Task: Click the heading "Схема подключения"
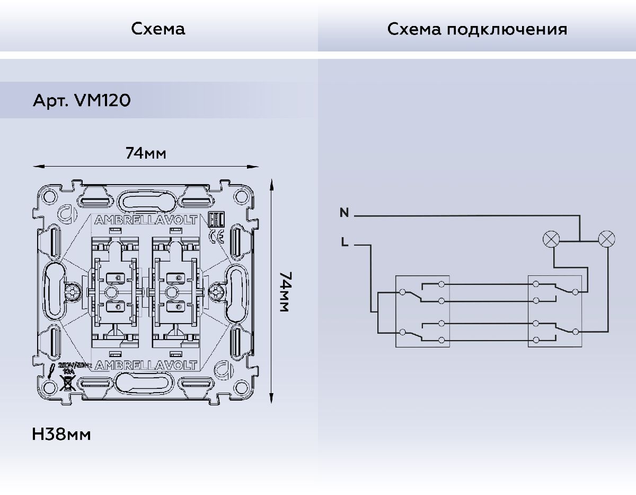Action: point(477,29)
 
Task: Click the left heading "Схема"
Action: point(158,29)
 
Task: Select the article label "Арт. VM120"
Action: point(82,100)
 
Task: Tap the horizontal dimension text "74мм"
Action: point(146,154)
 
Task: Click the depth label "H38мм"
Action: point(61,435)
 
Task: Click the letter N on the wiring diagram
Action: point(344,213)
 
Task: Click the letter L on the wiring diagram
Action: point(344,244)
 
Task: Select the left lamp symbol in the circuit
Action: point(551,239)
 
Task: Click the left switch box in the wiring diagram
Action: point(422,311)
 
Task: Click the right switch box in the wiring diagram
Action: point(555,311)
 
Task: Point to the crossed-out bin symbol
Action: point(67,383)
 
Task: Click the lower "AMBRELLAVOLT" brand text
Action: point(145,365)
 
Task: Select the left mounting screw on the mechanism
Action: point(73,291)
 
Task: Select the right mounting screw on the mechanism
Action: point(216,291)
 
